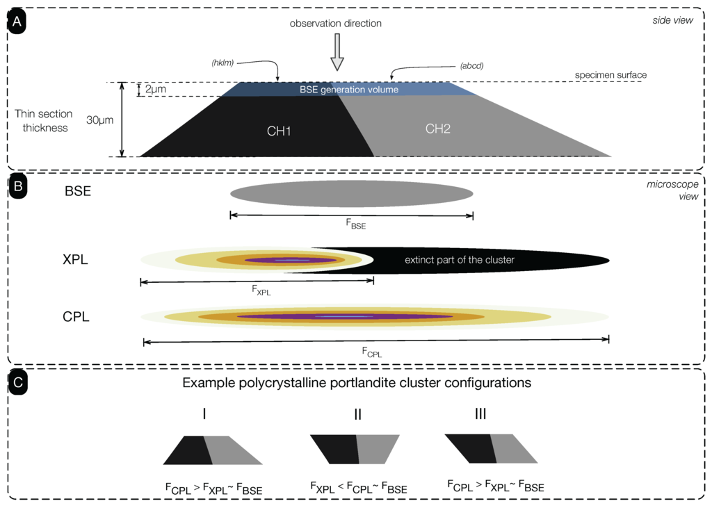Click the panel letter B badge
tap(17, 186)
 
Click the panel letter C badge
tap(17, 382)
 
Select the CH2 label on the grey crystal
tap(437, 128)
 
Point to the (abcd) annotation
tap(471, 66)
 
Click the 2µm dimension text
tap(156, 90)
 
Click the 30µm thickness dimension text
tap(100, 120)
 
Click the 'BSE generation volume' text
tap(349, 90)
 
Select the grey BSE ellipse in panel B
tap(351, 192)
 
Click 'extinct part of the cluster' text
tap(459, 260)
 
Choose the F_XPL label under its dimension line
tap(261, 291)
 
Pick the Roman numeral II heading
tap(357, 414)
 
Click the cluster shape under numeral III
tap(491, 448)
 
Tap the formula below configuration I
tap(212, 488)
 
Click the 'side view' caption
tap(674, 19)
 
